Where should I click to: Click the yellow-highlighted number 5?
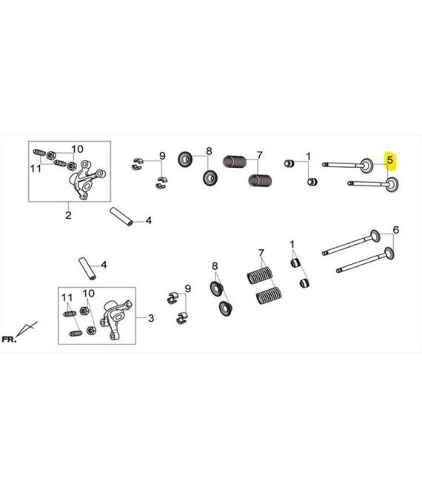(x=390, y=160)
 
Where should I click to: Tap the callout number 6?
(x=396, y=230)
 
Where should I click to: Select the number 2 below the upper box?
(x=68, y=215)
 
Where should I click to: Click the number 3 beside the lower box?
(x=151, y=318)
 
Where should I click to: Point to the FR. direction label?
(x=9, y=339)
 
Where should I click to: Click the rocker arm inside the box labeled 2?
(x=87, y=180)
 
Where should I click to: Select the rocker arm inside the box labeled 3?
(x=115, y=319)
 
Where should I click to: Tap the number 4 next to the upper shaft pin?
(x=149, y=220)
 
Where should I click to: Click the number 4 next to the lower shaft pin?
(x=104, y=265)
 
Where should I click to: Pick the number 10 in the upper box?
(x=78, y=149)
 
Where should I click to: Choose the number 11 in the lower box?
(x=67, y=298)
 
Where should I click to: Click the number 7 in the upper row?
(x=260, y=155)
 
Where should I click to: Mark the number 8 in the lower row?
(x=215, y=266)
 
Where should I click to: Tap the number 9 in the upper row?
(x=162, y=155)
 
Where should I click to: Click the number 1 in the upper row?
(x=308, y=156)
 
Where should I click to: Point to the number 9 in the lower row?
(x=187, y=288)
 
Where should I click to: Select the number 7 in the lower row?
(x=261, y=254)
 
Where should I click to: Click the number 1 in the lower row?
(x=292, y=245)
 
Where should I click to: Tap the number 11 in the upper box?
(x=36, y=169)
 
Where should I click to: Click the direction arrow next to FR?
(x=27, y=329)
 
